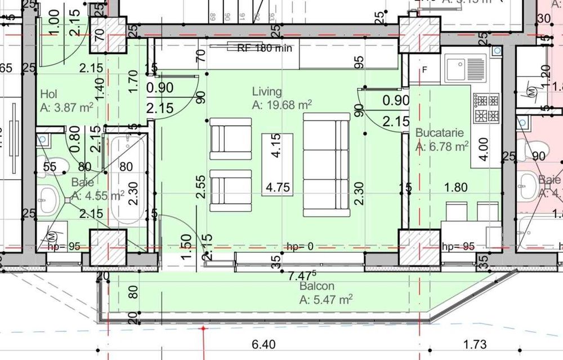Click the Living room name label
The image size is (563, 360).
pyautogui.click(x=267, y=92)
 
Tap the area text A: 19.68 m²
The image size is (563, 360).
pyautogui.click(x=282, y=105)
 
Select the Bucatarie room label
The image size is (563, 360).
pyautogui.click(x=439, y=133)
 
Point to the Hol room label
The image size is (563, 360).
pyautogui.click(x=49, y=94)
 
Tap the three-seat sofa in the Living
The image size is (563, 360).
pyautogui.click(x=326, y=165)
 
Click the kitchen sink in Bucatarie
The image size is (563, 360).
pyautogui.click(x=465, y=68)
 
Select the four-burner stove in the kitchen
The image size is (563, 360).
pyautogui.click(x=486, y=108)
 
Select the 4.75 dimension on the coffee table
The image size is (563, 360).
pyautogui.click(x=278, y=187)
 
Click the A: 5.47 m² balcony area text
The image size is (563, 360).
pyautogui.click(x=326, y=299)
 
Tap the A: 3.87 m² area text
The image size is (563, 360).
pyautogui.click(x=67, y=107)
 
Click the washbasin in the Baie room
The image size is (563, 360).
pyautogui.click(x=50, y=198)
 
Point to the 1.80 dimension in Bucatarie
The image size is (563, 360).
pyautogui.click(x=455, y=187)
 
